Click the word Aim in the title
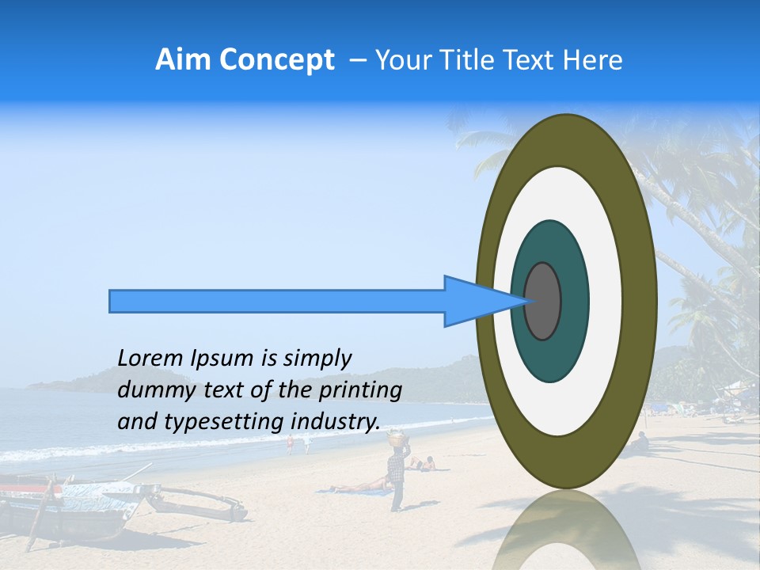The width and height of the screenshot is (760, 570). pos(184,60)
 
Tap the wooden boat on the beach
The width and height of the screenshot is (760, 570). pos(79,507)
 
